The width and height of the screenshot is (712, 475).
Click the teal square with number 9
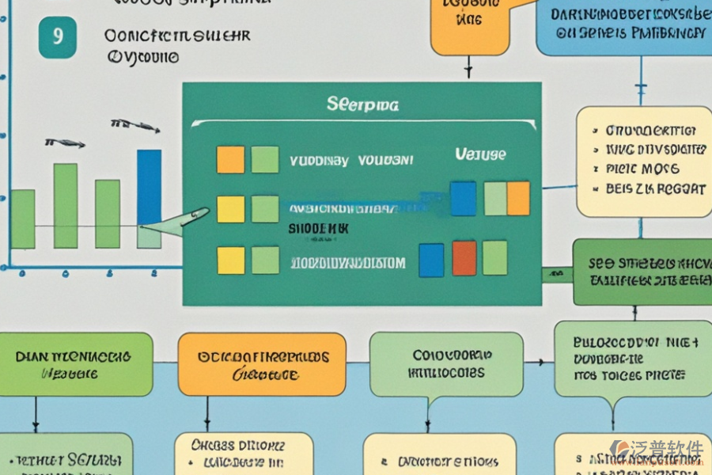coord(58,38)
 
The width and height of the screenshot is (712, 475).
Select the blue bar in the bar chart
coord(149,188)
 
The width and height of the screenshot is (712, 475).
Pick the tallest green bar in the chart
coord(65,206)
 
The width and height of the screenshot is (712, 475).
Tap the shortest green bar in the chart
coord(23,219)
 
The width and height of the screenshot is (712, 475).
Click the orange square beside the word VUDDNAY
coord(230,159)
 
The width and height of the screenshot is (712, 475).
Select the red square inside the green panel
coord(464,258)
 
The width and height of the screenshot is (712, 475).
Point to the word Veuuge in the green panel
coord(480,154)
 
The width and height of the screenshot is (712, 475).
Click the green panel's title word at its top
coord(362,104)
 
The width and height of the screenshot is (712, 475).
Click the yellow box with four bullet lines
coord(643,161)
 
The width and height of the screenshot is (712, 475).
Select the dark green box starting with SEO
coord(642,272)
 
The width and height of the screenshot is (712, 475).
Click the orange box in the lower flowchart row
coord(261,364)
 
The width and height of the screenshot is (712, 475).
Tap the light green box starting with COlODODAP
coord(446,363)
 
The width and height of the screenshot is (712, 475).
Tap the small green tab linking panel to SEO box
coord(557,274)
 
